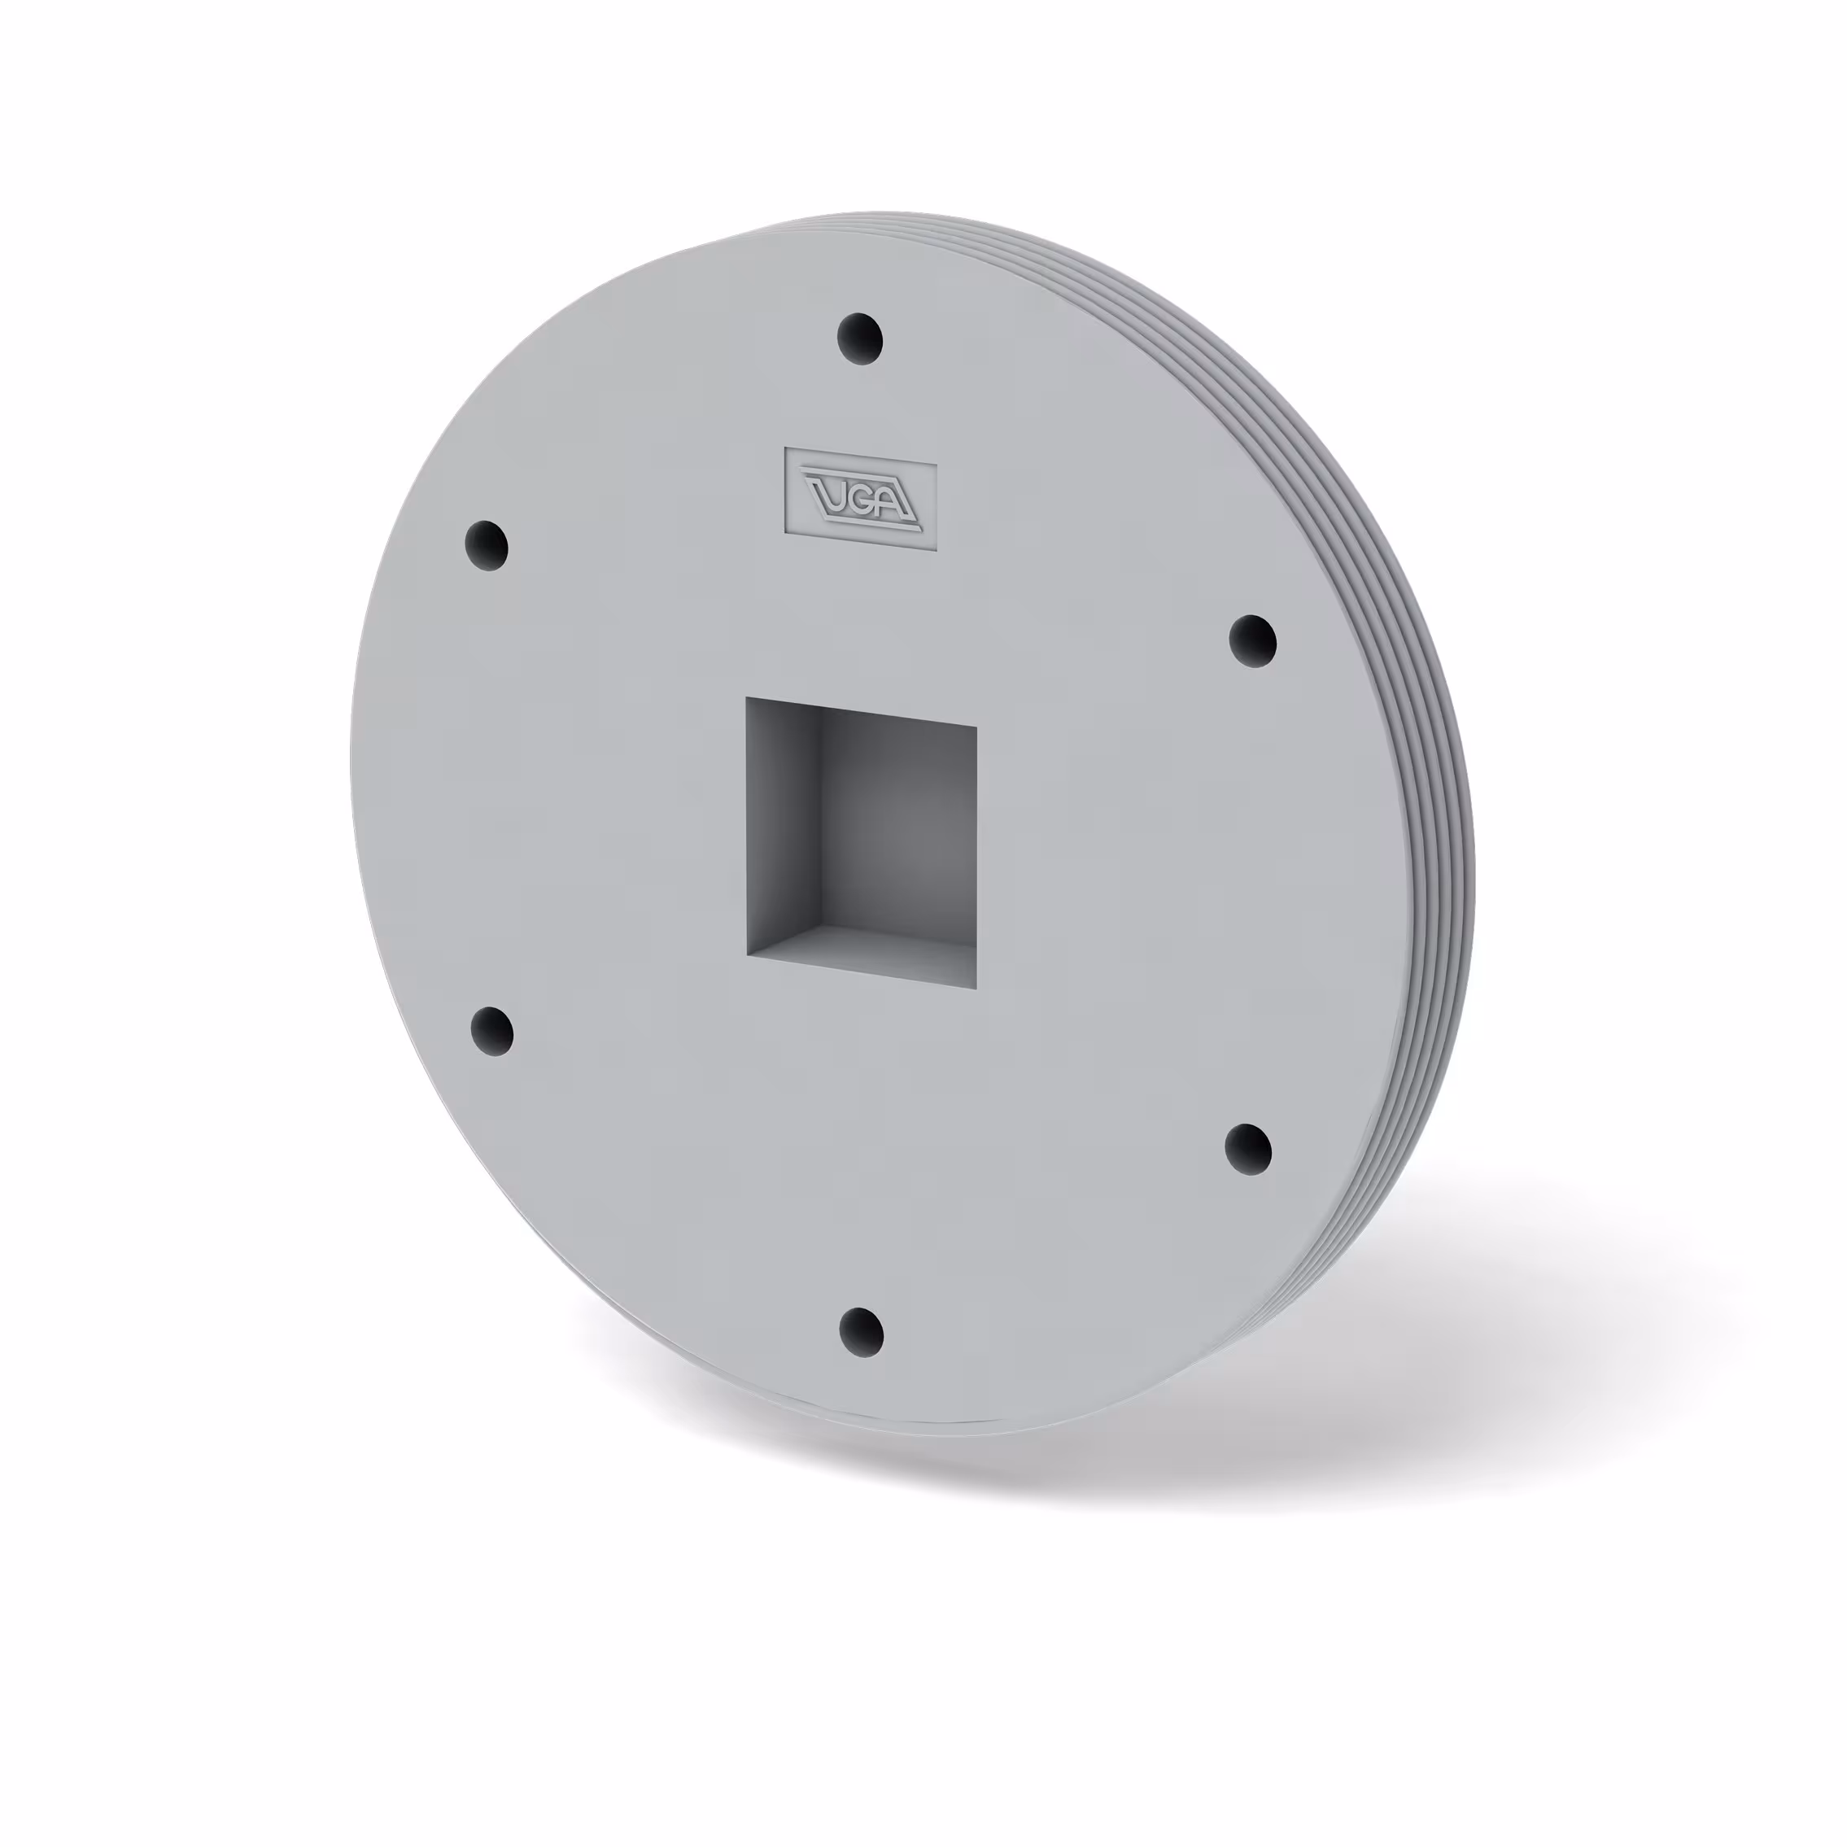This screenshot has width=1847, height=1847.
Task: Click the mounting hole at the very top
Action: pyautogui.click(x=859, y=338)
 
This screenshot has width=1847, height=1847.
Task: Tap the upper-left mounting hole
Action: pyautogui.click(x=486, y=546)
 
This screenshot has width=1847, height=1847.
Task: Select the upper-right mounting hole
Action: pyautogui.click(x=1251, y=640)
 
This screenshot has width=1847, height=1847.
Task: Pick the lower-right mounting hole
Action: pyautogui.click(x=1247, y=1149)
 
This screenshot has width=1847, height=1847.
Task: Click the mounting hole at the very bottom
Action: pyautogui.click(x=859, y=1332)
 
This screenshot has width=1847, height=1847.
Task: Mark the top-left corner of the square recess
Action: pyautogui.click(x=748, y=699)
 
